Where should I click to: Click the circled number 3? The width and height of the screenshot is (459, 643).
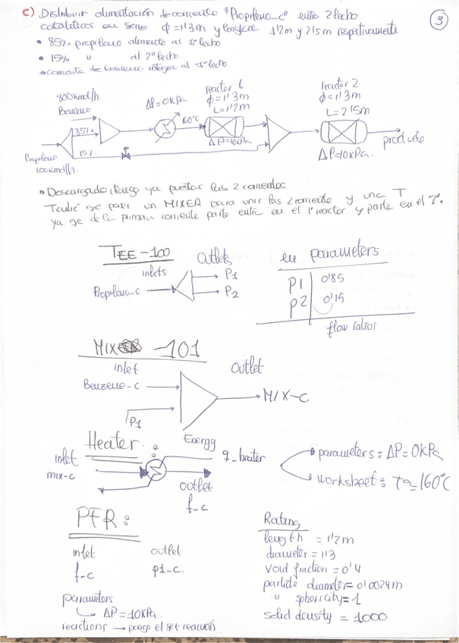click(x=438, y=20)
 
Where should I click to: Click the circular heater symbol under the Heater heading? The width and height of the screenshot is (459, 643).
click(x=157, y=470)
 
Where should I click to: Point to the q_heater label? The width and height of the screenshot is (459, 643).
click(x=244, y=457)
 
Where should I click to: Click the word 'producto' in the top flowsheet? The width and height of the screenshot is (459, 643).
click(x=403, y=140)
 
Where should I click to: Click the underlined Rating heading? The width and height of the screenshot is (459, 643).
click(x=283, y=519)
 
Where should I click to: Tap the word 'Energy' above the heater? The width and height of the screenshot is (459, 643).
click(x=201, y=440)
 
